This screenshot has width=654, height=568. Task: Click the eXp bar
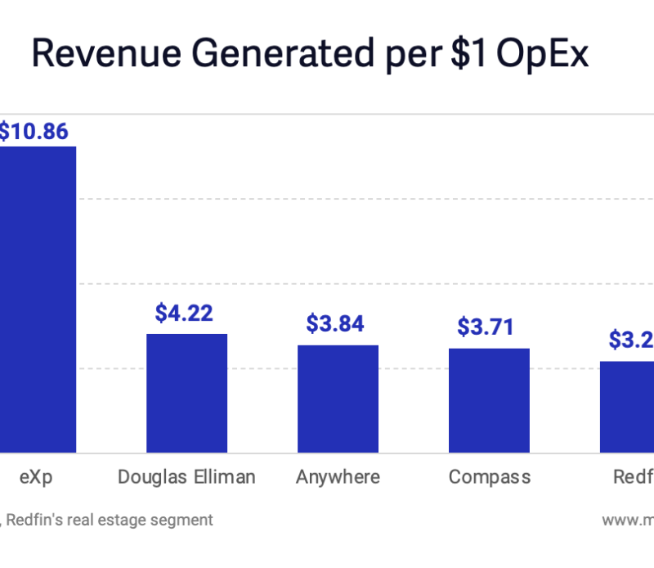pos(38,299)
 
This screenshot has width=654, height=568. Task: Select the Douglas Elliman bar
pos(186,393)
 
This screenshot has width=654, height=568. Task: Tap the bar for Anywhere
pos(338,399)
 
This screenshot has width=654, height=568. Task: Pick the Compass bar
pos(489,400)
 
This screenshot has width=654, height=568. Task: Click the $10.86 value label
pos(33,131)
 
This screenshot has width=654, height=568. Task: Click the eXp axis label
pos(35,477)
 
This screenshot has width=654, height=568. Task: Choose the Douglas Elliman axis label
pos(186,477)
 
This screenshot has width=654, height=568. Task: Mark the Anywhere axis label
pos(338,477)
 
